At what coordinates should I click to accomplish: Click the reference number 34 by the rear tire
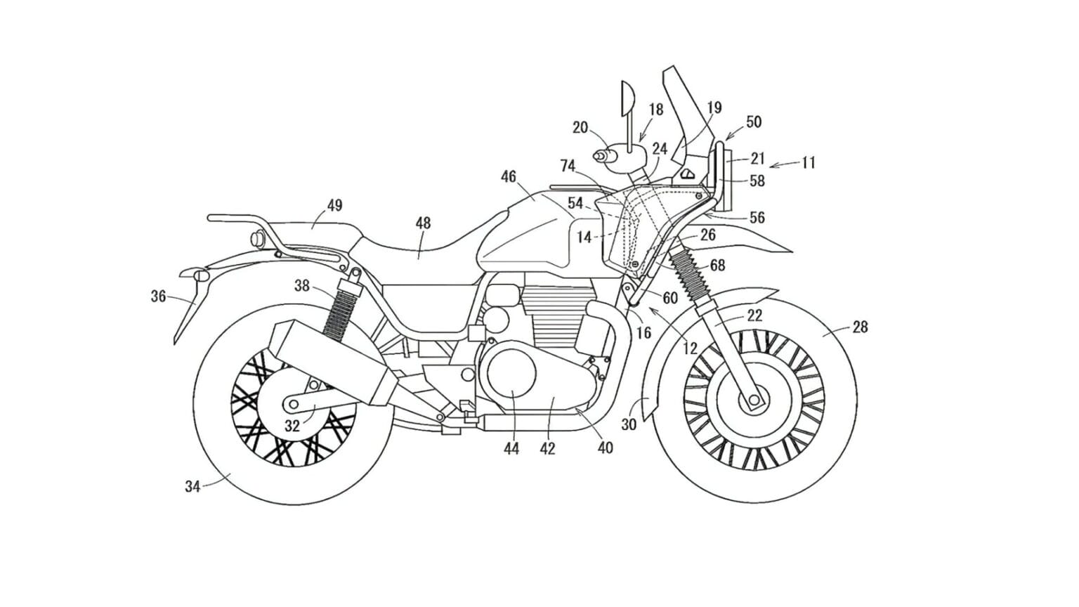[192, 485]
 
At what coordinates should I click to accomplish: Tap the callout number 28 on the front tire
[860, 327]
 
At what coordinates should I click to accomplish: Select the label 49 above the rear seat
[334, 206]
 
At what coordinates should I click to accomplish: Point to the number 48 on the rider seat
[423, 223]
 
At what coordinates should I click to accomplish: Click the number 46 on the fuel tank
[508, 177]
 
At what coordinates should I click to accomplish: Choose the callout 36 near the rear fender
[159, 296]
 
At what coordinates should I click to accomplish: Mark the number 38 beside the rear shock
[302, 285]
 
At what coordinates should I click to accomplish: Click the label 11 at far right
[808, 163]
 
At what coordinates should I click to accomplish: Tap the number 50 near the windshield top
[753, 122]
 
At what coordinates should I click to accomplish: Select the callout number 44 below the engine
[511, 448]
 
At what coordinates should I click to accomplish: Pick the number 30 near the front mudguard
[629, 424]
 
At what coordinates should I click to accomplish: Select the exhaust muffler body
[330, 363]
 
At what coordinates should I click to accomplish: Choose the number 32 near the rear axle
[292, 426]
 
